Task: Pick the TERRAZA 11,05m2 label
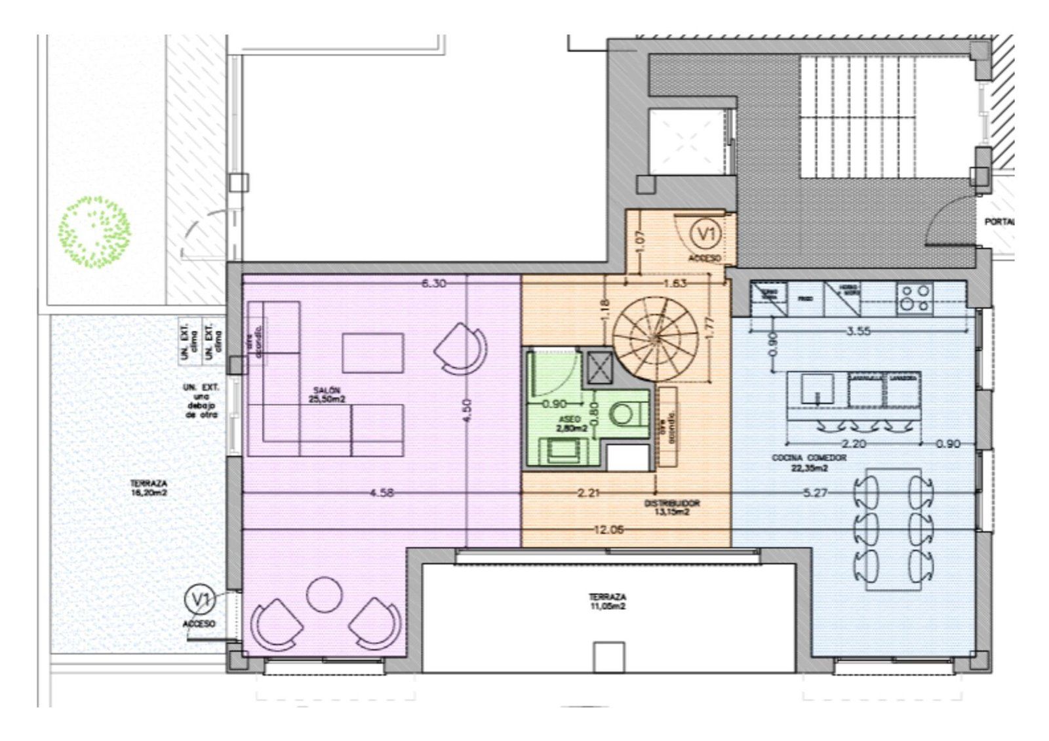coord(606,602)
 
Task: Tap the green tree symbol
coord(95,232)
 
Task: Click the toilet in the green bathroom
coord(623,413)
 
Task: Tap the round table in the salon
coord(325,594)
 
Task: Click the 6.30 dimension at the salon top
coord(433,283)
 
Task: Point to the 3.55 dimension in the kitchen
coord(858,331)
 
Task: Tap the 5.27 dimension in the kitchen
coord(815,492)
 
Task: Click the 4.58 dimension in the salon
coord(382,492)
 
